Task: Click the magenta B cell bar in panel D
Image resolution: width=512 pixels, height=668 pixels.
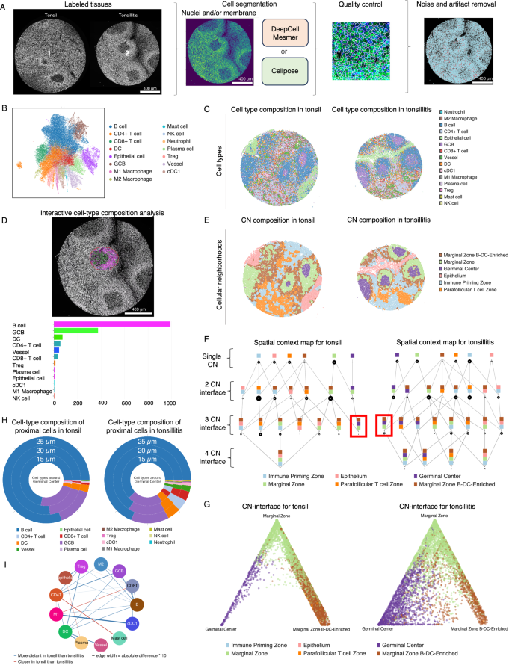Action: click(x=111, y=303)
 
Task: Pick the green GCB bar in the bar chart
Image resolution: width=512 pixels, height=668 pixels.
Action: click(x=75, y=310)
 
